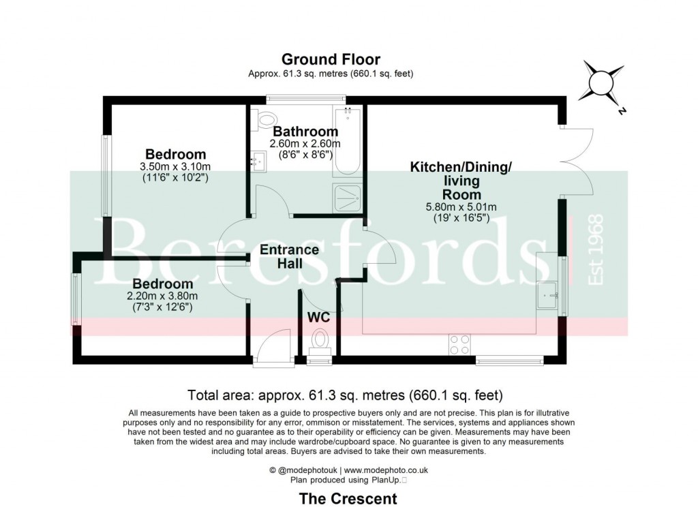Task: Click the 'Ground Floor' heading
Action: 331,59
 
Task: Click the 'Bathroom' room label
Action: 305,132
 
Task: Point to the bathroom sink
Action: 258,161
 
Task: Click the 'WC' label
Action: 319,318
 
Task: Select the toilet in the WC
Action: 319,339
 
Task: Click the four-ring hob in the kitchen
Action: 459,345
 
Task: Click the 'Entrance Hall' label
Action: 289,257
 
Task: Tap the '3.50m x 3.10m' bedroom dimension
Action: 175,167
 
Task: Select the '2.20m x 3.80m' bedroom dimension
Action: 162,296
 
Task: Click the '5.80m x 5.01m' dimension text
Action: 461,207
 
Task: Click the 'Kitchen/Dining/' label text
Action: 460,167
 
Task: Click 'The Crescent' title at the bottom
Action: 348,498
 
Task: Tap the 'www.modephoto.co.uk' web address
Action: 386,470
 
